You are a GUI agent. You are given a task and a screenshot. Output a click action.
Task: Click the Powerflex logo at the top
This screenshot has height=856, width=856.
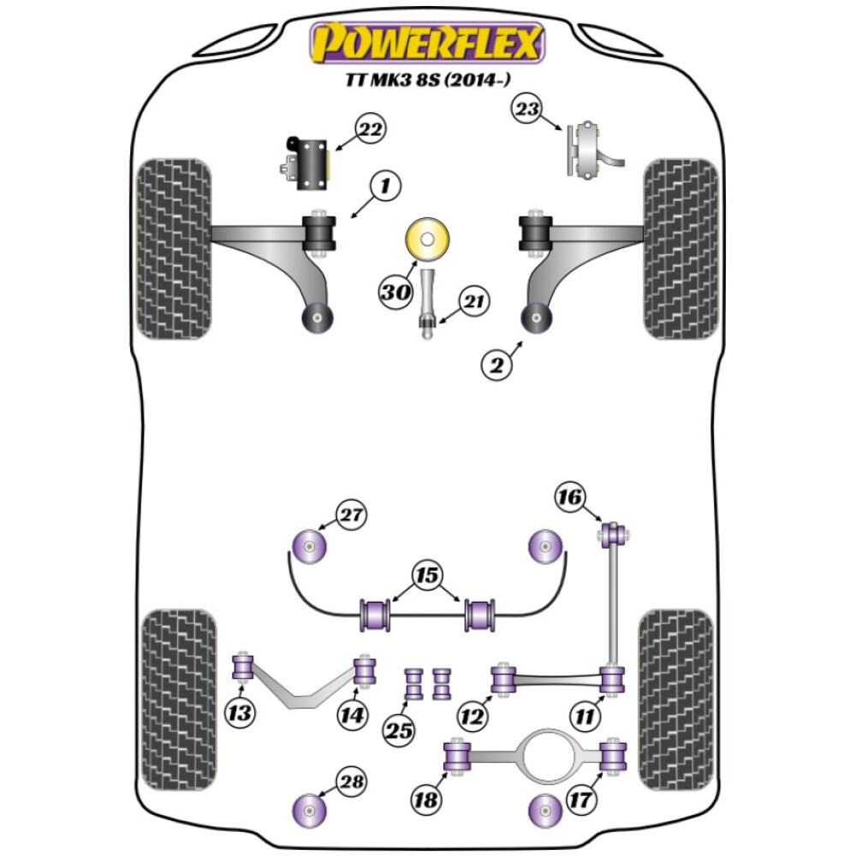427,43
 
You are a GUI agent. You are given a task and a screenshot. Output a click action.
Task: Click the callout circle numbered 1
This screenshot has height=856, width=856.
384,186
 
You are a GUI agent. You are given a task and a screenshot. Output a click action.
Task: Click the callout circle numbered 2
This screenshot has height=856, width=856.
496,366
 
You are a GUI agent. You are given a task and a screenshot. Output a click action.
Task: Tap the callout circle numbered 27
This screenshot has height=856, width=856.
351,516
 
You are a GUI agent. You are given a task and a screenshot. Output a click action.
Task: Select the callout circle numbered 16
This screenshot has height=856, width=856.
570,496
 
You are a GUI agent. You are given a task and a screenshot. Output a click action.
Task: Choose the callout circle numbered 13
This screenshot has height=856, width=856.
242,712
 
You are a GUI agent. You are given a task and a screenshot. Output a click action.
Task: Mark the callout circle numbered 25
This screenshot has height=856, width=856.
399,731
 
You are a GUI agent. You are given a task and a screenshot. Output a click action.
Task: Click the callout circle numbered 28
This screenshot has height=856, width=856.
351,782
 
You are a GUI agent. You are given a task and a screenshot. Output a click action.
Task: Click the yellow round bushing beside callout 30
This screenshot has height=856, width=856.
429,239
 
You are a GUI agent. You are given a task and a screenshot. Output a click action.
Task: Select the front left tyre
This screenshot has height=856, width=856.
175,248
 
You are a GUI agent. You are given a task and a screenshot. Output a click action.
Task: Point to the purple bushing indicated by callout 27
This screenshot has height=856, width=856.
309,544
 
